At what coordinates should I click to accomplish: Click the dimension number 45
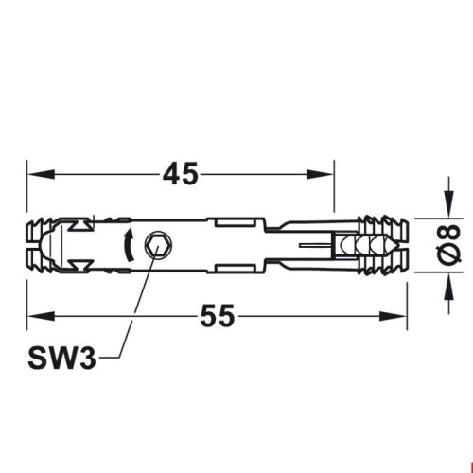179,174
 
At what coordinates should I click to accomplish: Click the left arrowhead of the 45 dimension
34,174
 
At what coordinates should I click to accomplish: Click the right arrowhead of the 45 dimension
326,174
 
